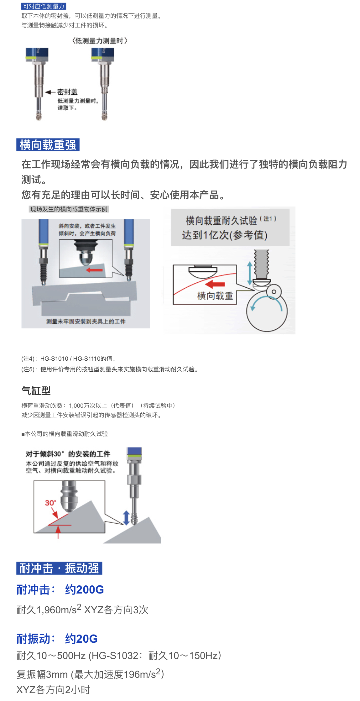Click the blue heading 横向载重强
tap(48, 145)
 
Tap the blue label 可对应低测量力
tap(44, 6)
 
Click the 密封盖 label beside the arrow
tap(67, 92)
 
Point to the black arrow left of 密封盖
tap(50, 92)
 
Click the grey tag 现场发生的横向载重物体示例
tap(69, 209)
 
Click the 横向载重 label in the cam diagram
tap(215, 296)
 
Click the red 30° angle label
tap(50, 503)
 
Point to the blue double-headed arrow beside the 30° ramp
tap(126, 518)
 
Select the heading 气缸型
tap(36, 390)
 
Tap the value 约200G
tap(84, 590)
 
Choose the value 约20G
tap(81, 639)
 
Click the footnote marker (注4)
tap(28, 358)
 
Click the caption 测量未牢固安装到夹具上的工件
tap(86, 322)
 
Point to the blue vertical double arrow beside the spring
tap(250, 273)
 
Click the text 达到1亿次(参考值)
tap(225, 235)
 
